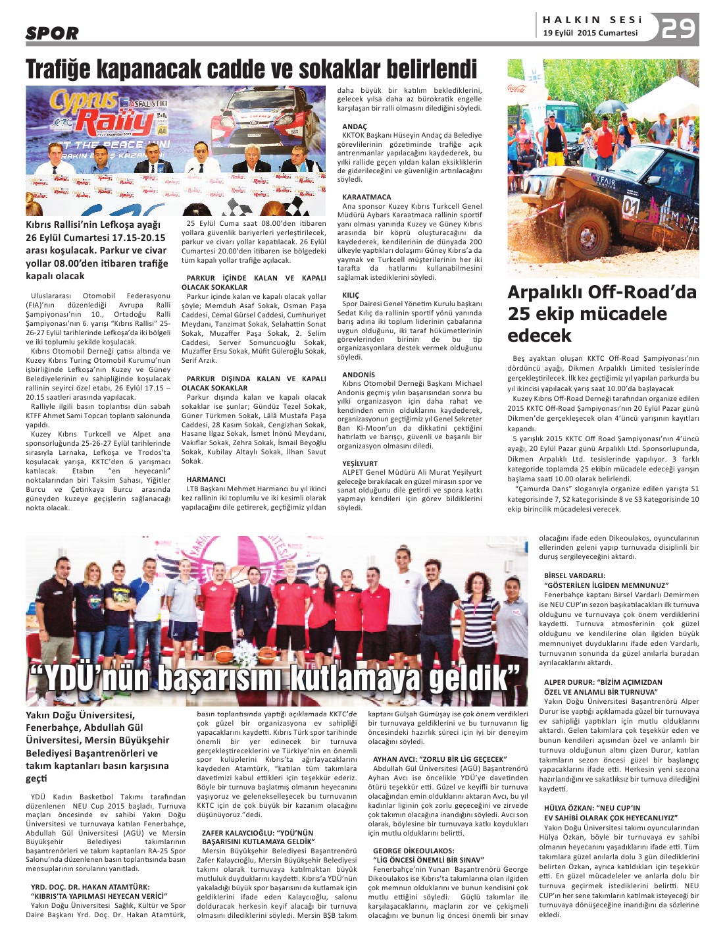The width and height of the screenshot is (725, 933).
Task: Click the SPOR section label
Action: (x=52, y=33)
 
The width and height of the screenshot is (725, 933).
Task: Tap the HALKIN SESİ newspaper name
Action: (x=592, y=20)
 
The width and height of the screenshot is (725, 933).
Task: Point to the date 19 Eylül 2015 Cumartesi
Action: (x=590, y=33)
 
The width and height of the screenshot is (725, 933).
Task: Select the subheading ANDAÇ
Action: (x=355, y=126)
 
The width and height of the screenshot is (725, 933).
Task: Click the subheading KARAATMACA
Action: (x=366, y=197)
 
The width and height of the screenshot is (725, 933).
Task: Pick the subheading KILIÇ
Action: (x=351, y=295)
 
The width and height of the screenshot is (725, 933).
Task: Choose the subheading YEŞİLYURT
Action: (x=360, y=464)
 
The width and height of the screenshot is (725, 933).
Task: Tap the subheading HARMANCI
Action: (x=206, y=479)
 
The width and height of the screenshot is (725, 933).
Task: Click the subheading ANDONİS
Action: (x=359, y=375)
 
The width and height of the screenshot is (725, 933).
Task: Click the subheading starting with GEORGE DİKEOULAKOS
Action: (x=413, y=851)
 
